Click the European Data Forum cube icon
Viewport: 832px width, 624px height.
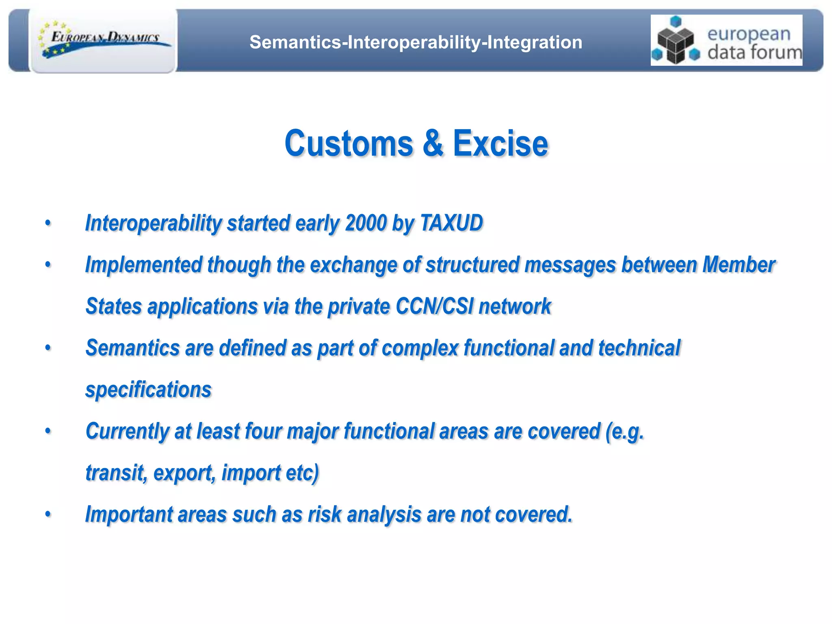pyautogui.click(x=676, y=41)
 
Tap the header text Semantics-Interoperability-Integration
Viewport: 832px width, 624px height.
pyautogui.click(x=416, y=42)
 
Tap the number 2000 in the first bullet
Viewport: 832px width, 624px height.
pyautogui.click(x=366, y=223)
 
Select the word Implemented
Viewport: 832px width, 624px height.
pyautogui.click(x=143, y=265)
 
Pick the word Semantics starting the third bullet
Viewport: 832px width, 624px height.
pyautogui.click(x=132, y=348)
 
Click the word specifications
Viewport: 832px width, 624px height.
pyautogui.click(x=148, y=390)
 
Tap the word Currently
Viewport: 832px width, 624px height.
pyautogui.click(x=127, y=431)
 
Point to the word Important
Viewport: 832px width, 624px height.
pyautogui.click(x=129, y=514)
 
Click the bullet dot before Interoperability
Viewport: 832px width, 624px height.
pyautogui.click(x=48, y=223)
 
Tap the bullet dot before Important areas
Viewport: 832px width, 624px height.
pyautogui.click(x=48, y=514)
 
